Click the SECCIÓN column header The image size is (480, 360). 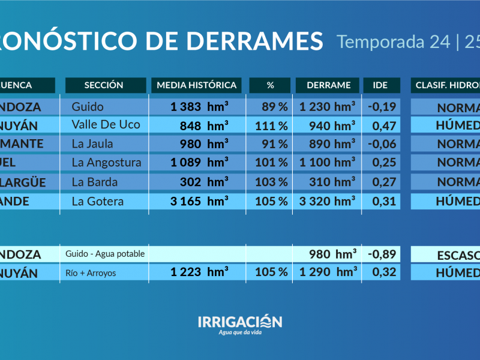[x=104, y=85]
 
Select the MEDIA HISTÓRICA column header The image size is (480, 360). [x=197, y=85]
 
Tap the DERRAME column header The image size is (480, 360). [x=328, y=85]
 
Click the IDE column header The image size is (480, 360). [x=380, y=85]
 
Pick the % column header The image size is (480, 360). [x=270, y=85]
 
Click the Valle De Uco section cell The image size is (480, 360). [x=106, y=125]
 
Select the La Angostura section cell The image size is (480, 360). [x=106, y=163]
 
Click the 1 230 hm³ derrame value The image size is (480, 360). [x=328, y=107]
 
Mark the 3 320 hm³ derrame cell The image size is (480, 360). [x=328, y=201]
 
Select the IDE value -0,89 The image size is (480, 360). [x=381, y=254]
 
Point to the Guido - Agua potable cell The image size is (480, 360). [x=106, y=254]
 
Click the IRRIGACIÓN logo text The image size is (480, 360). [x=239, y=322]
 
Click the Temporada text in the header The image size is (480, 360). [x=381, y=41]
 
